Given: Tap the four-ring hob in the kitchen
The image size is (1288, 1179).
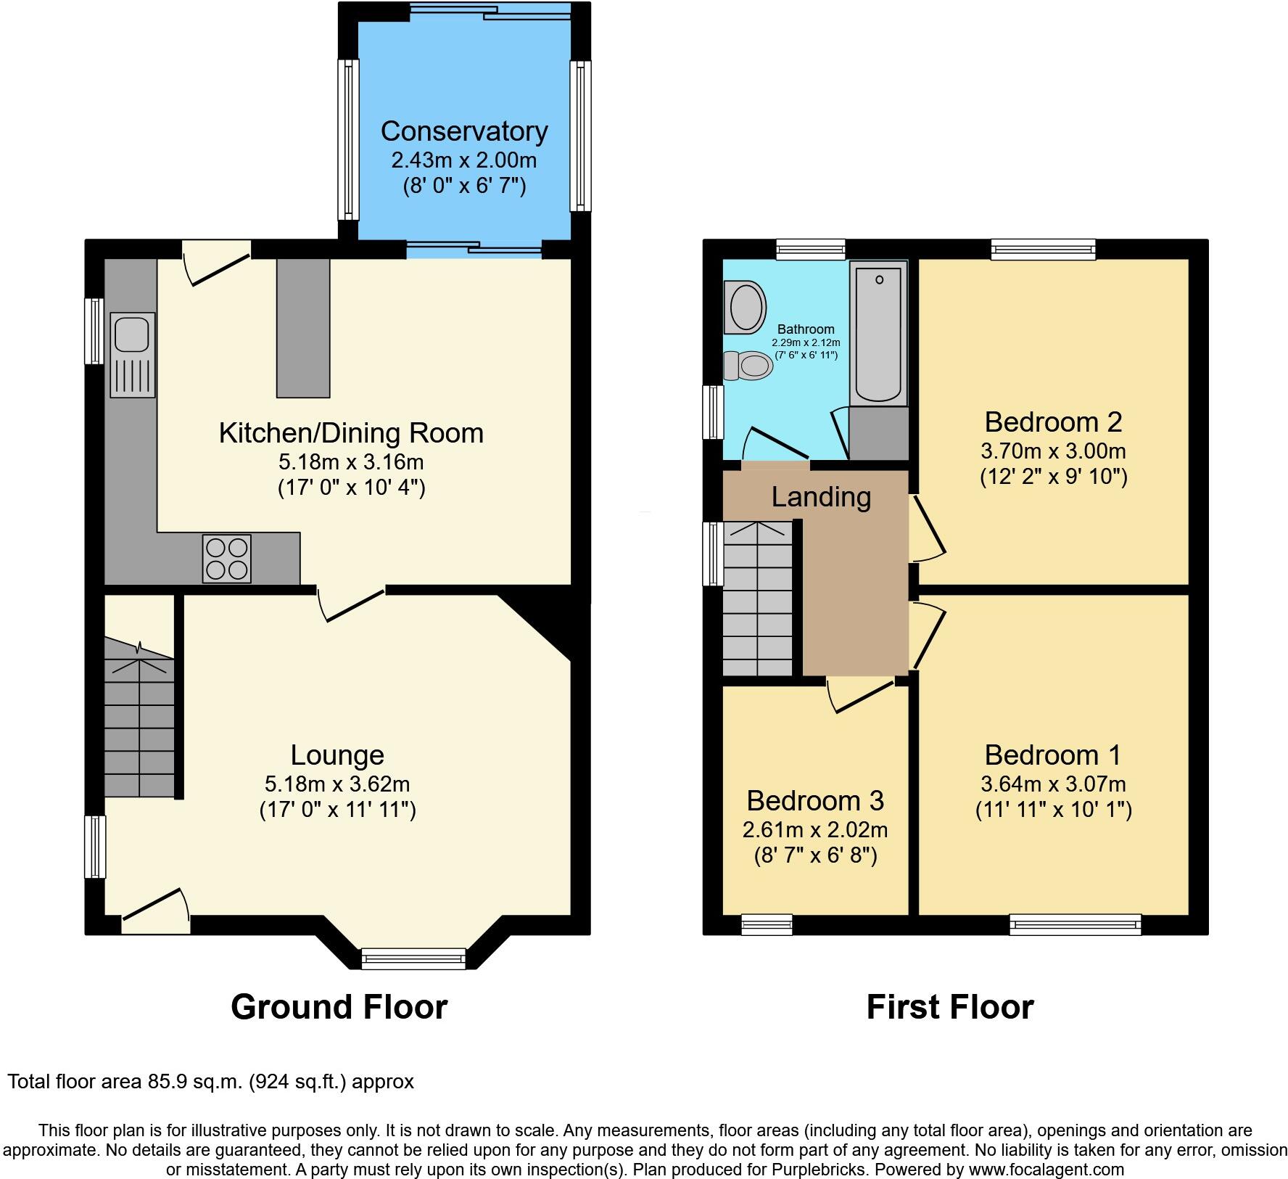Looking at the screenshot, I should pyautogui.click(x=226, y=559).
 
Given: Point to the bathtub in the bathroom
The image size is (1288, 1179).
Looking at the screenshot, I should pyautogui.click(x=878, y=334).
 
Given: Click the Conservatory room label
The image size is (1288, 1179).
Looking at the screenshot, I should pyautogui.click(x=464, y=131).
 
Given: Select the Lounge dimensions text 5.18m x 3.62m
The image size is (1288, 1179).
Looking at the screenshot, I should pyautogui.click(x=337, y=784).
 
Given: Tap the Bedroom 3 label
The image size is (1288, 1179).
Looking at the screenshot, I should pyautogui.click(x=815, y=800).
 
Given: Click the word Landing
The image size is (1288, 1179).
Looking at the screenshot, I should pyautogui.click(x=821, y=497).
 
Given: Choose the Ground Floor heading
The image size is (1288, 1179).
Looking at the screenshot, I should pyautogui.click(x=339, y=1007).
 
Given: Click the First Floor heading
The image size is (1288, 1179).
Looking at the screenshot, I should pyautogui.click(x=949, y=1007).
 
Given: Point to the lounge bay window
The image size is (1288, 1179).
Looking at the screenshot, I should pyautogui.click(x=413, y=958).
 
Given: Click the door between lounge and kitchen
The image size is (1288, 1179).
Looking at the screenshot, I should pyautogui.click(x=351, y=604).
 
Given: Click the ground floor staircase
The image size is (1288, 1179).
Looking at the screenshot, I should pyautogui.click(x=139, y=726).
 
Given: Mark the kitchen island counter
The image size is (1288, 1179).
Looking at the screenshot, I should pyautogui.click(x=302, y=329).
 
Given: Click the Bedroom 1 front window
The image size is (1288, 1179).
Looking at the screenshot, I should pyautogui.click(x=1075, y=924).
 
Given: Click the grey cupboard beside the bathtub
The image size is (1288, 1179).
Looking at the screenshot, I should pyautogui.click(x=878, y=433).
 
